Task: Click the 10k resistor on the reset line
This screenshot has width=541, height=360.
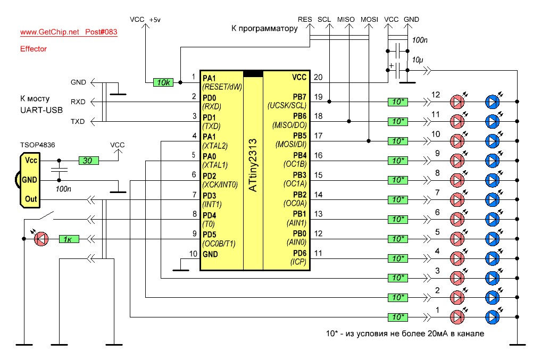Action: [x=163, y=82]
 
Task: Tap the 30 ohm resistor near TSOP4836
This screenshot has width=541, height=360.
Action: [x=89, y=161]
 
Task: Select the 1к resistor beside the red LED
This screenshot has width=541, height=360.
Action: [x=69, y=239]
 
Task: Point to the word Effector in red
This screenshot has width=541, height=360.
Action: [x=34, y=49]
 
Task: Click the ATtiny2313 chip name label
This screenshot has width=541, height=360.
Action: [x=253, y=165]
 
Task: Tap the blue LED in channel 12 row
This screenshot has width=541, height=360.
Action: [x=493, y=102]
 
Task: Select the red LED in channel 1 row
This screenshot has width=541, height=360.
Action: [x=457, y=317]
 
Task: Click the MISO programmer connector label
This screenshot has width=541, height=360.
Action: [x=346, y=20]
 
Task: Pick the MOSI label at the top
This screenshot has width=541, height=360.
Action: [x=369, y=20]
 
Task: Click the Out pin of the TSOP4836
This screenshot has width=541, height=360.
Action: [x=31, y=199]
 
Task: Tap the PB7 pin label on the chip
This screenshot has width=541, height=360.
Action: [x=299, y=97]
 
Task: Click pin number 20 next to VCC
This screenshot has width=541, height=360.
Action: [x=318, y=77]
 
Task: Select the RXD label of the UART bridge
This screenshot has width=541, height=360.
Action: [x=78, y=102]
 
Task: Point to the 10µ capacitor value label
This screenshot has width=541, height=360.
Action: [x=418, y=60]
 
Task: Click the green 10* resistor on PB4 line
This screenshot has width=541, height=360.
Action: [x=398, y=161]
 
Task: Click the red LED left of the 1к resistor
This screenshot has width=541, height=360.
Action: [x=41, y=239]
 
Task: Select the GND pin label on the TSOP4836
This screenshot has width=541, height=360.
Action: [x=29, y=180]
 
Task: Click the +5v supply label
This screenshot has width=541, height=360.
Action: [x=155, y=20]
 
